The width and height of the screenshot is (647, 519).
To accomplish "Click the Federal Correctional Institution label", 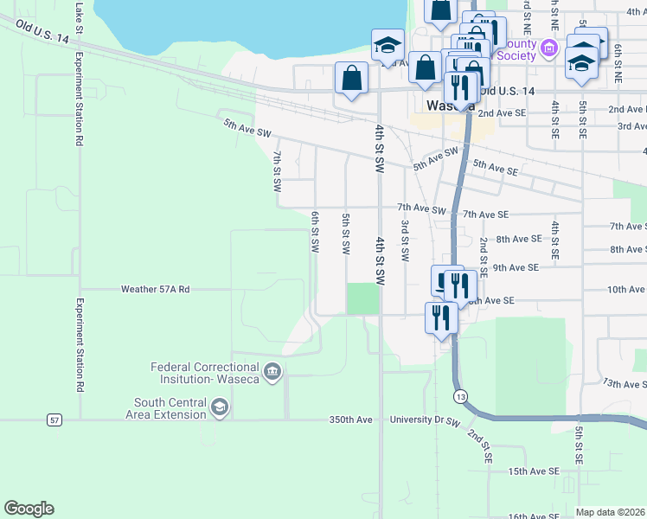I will [206, 373].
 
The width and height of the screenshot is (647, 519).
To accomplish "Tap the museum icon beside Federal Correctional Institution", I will [273, 373].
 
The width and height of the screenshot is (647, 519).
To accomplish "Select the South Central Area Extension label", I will [170, 407].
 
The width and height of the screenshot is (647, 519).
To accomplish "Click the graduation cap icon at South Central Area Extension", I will [220, 407].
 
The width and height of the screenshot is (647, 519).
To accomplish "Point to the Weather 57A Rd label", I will [155, 290].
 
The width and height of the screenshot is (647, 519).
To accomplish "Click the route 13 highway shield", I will [458, 394].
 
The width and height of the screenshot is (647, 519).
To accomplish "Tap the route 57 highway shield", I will [54, 420].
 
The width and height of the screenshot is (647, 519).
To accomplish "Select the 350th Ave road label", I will [349, 420].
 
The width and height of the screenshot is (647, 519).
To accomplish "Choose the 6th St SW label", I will [315, 232].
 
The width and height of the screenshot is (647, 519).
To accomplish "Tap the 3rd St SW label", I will [404, 240].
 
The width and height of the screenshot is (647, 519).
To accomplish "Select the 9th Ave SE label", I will [517, 268].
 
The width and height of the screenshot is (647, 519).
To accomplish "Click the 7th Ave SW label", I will [421, 209].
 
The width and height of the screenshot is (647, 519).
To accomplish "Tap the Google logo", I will [29, 509].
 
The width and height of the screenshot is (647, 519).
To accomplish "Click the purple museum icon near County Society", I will [547, 49].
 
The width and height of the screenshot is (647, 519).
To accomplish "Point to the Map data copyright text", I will [610, 512].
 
